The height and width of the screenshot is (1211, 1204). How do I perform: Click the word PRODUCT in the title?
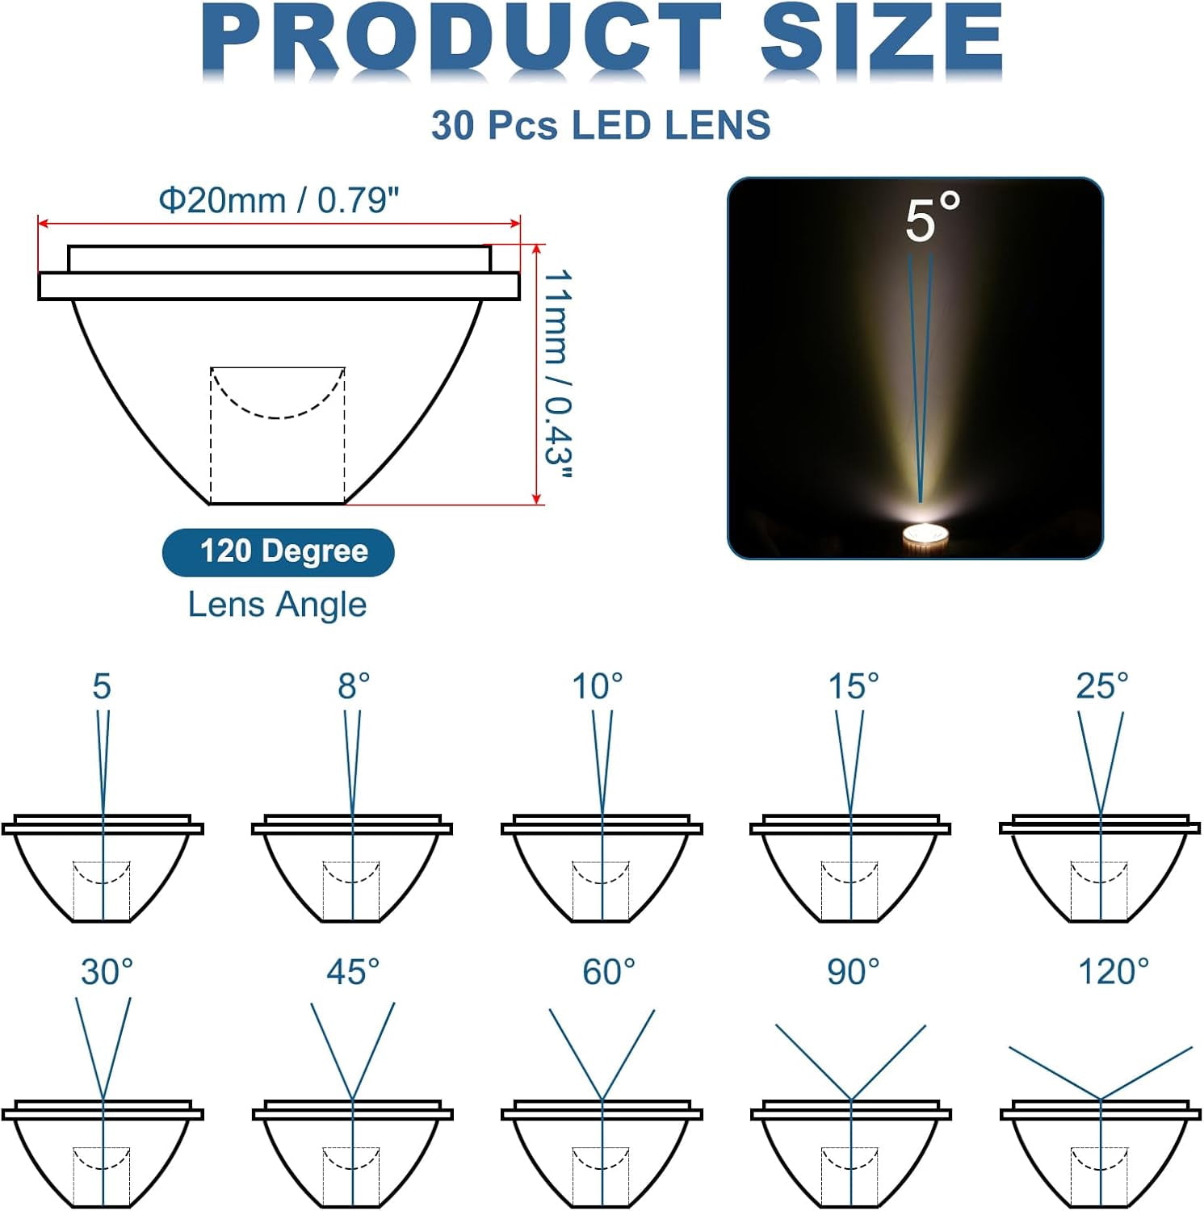(460, 40)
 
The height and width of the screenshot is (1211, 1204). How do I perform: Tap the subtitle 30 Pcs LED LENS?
(601, 126)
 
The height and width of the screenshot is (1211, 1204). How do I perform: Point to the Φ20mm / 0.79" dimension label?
(279, 200)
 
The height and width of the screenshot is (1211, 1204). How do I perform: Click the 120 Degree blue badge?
(279, 552)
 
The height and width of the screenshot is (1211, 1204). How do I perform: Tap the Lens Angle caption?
(277, 605)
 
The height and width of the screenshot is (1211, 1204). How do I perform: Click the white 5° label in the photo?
(932, 218)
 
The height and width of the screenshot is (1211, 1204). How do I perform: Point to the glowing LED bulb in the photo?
(924, 536)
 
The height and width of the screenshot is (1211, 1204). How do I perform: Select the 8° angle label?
(354, 686)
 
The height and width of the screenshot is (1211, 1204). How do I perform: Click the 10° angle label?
(598, 686)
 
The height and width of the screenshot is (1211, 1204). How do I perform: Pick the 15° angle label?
(854, 686)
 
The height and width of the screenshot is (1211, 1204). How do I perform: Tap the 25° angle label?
(1101, 686)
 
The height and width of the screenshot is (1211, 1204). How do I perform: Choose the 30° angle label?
(107, 972)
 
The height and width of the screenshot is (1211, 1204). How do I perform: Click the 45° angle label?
(353, 972)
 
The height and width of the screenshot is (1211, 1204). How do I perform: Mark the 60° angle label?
(608, 972)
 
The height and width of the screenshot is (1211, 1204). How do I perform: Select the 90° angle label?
(853, 972)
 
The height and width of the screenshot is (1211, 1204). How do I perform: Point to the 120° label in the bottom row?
(1114, 972)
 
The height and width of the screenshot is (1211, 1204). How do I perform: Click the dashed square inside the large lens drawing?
(278, 436)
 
